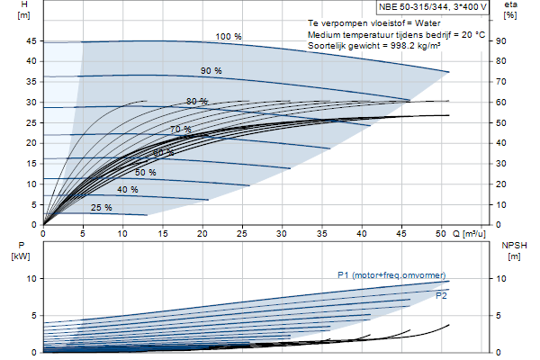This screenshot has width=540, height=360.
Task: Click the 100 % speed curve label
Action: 229,37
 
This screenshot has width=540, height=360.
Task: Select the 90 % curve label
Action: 211,70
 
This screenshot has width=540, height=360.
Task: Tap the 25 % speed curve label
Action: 101,207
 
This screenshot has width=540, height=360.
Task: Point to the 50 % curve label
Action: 145,172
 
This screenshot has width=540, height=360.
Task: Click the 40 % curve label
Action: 128,190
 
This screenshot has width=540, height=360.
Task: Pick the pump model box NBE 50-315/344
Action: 433,7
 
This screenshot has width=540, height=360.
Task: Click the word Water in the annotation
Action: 427,23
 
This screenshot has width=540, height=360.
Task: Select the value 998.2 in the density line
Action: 402,46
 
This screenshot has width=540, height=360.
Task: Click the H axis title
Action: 23,4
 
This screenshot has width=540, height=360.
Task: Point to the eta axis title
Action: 510,4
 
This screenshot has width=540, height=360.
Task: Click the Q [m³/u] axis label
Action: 469,234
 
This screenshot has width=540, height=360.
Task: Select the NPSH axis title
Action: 514,246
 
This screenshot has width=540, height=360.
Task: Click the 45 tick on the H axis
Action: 31,41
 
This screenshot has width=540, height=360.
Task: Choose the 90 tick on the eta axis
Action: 501,41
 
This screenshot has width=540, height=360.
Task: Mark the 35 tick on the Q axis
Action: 321,234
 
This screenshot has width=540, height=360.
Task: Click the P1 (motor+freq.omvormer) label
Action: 391,275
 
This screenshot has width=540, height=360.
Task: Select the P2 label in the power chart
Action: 442,295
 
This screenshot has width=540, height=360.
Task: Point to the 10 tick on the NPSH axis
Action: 501,278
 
